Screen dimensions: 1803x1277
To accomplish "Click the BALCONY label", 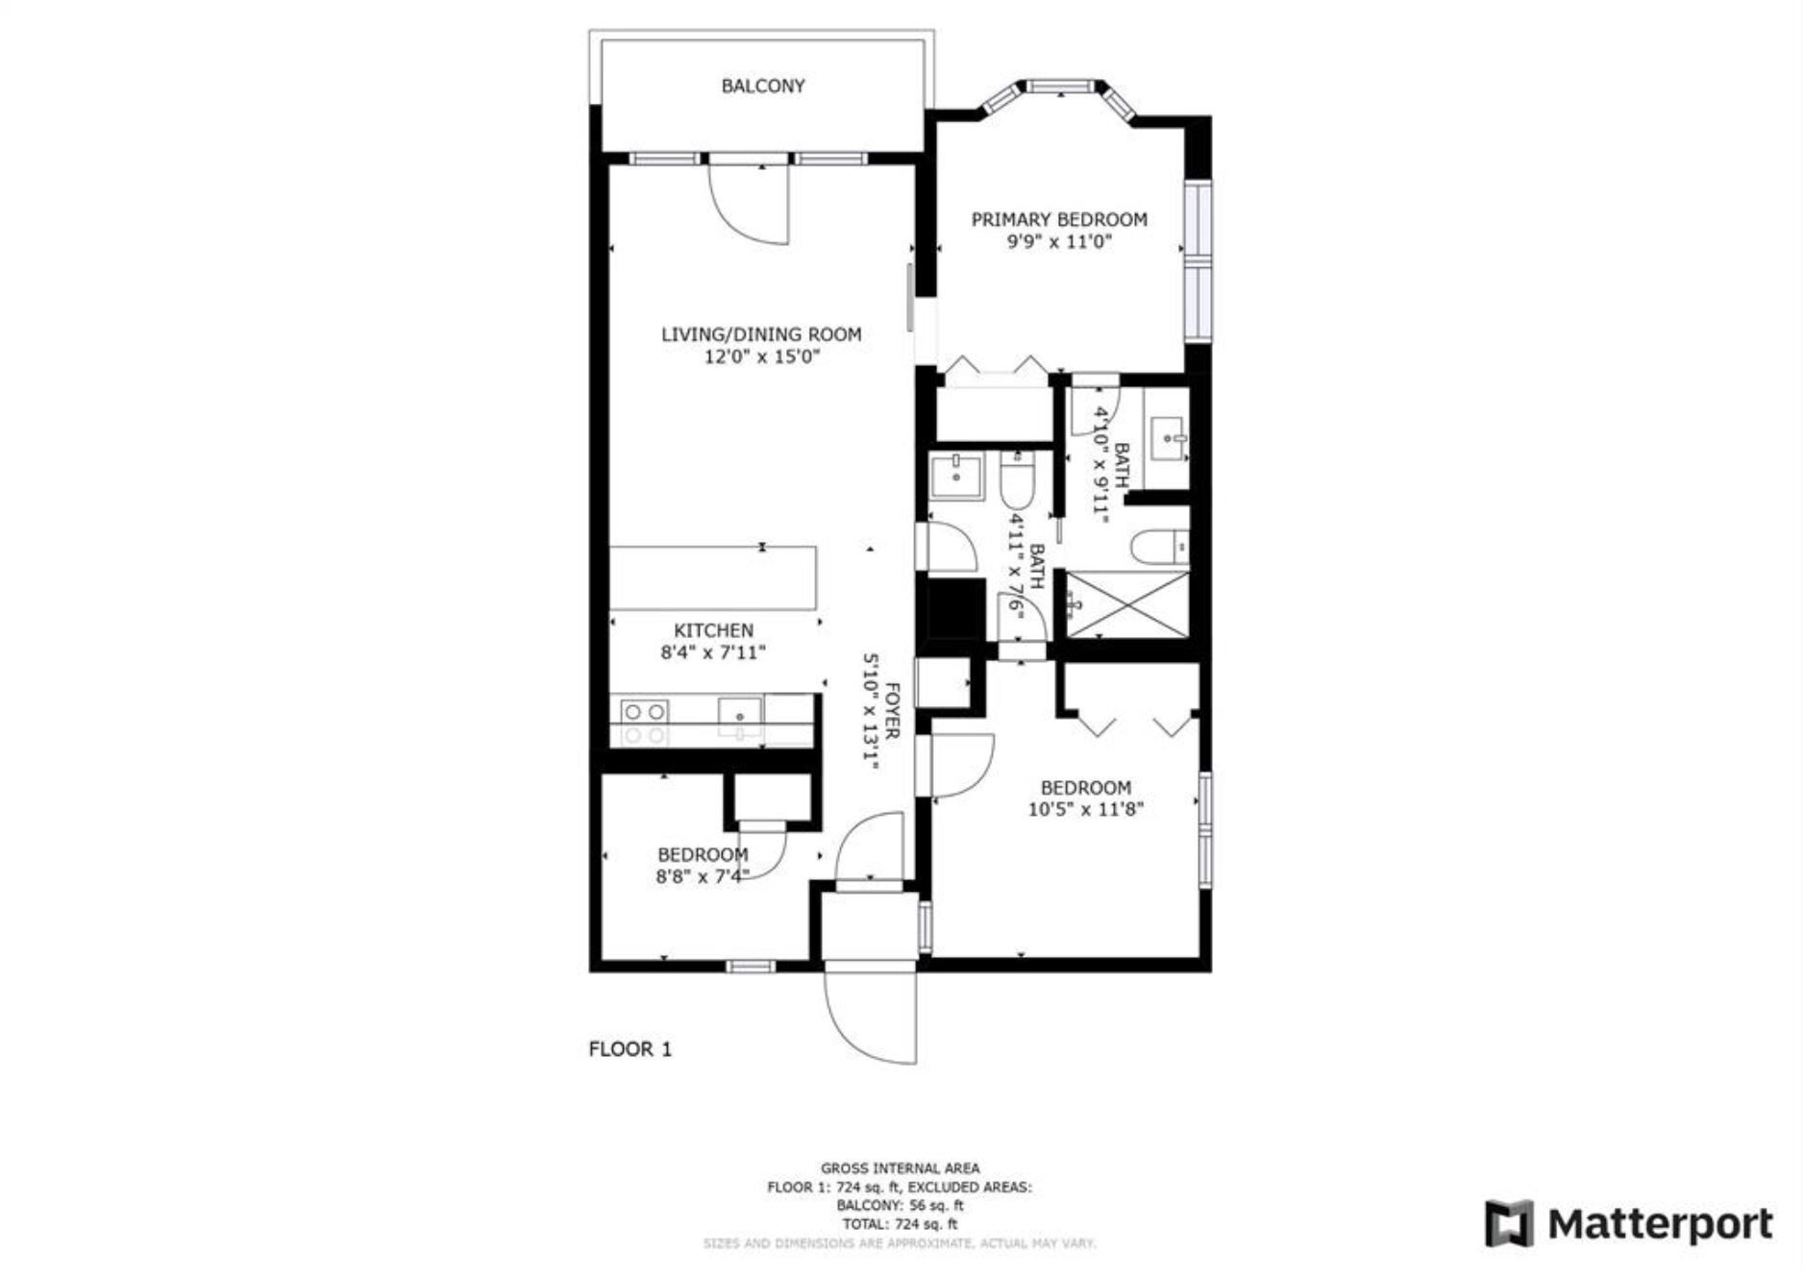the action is coord(763,86).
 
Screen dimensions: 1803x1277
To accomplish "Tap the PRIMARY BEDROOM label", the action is coord(1059,219).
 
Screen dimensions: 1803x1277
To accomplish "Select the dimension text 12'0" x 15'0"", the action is coord(762,357).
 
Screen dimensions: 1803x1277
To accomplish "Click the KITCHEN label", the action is coord(713,630).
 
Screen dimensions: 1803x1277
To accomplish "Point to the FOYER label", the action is coord(892,711).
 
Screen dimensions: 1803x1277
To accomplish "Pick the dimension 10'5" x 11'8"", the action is coord(1086,809).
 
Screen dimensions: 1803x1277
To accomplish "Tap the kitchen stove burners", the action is coord(644,723).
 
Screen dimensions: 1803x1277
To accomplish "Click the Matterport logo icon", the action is coord(1508,1223).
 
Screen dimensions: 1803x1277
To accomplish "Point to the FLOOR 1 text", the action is coord(630,1049).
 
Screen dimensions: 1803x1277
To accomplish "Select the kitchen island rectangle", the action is coord(713,577).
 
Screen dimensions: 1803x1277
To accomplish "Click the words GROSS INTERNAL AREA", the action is coord(901,1168).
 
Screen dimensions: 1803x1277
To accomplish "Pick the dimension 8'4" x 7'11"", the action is coord(713,653).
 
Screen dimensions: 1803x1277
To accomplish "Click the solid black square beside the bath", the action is coord(954,609).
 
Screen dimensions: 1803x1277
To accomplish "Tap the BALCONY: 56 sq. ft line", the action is coord(901,1205).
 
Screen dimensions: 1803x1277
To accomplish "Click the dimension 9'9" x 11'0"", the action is coord(1059,242).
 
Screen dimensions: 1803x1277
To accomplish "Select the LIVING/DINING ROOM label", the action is coord(761,334).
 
